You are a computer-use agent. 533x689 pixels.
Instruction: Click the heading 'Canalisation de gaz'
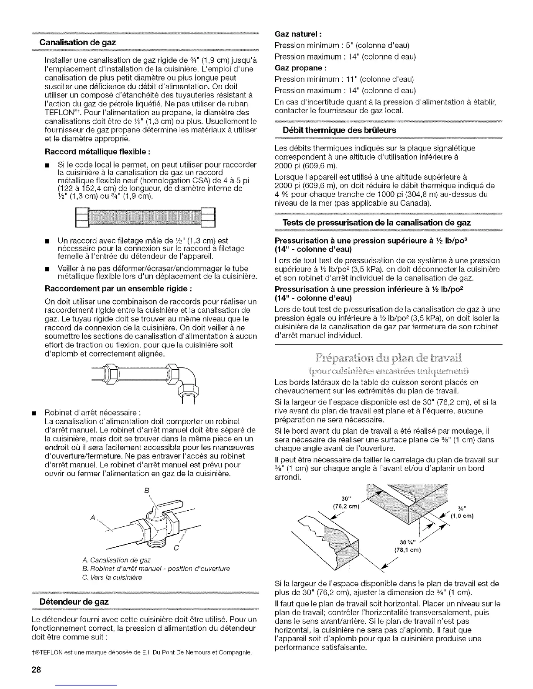point(78,43)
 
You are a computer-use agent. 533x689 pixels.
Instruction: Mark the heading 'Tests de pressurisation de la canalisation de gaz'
point(377,222)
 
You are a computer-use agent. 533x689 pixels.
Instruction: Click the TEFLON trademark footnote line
point(144,653)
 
